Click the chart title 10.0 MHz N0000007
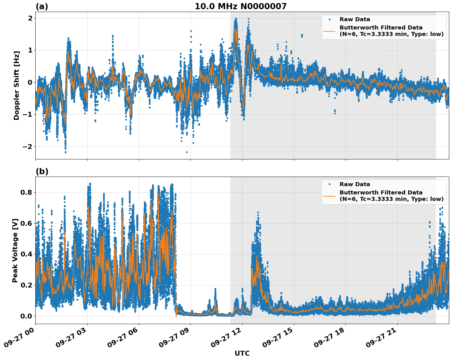click(240, 6)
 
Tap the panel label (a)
click(42, 6)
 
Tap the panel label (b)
click(42, 171)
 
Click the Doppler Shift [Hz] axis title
click(17, 85)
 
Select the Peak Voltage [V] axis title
click(15, 250)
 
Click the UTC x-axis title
click(242, 353)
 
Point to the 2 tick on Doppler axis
click(30, 18)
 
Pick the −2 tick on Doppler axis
click(27, 147)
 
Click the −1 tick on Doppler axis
click(27, 115)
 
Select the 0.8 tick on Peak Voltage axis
click(27, 192)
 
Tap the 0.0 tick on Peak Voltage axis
click(27, 316)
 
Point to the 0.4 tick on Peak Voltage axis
click(27, 254)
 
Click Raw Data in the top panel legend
click(355, 19)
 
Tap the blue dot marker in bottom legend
click(329, 184)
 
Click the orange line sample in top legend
click(329, 31)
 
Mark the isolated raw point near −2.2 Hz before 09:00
click(187, 152)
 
